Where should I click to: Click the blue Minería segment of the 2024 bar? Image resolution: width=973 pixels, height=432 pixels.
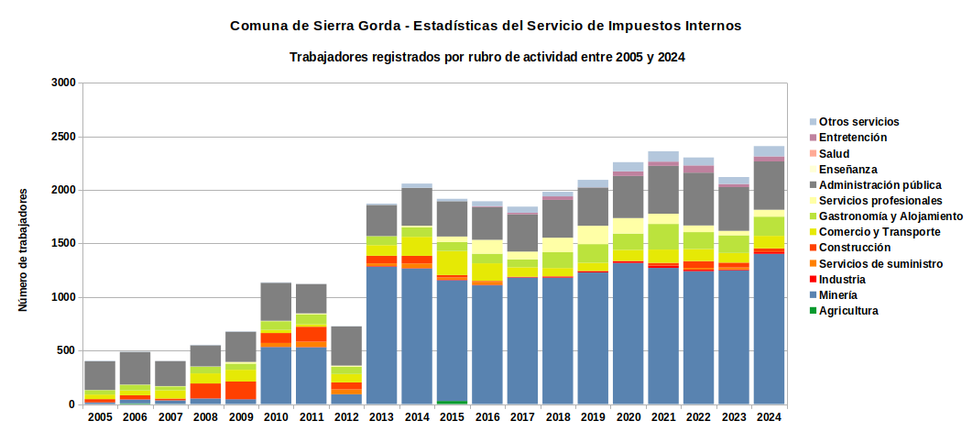tap(768, 329)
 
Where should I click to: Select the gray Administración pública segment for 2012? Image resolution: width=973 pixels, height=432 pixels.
tap(346, 346)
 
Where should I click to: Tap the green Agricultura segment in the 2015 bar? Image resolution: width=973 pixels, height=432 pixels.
tap(452, 403)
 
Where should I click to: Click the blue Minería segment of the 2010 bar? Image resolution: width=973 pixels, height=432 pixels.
tap(276, 375)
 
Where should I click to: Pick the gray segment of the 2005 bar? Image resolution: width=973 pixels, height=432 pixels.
tap(100, 375)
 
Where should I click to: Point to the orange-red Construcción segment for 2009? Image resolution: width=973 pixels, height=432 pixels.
tap(241, 390)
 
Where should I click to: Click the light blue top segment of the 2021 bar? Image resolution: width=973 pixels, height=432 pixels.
tap(662, 156)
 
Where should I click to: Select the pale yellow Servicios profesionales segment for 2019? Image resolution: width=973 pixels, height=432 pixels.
tap(593, 234)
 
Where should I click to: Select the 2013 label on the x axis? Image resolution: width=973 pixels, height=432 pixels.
tap(382, 417)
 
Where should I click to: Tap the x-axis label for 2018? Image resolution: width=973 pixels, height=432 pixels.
tap(557, 417)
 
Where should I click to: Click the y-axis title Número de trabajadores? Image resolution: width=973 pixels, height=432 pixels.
tap(24, 249)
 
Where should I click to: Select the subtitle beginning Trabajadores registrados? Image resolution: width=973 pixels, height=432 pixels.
tap(487, 57)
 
